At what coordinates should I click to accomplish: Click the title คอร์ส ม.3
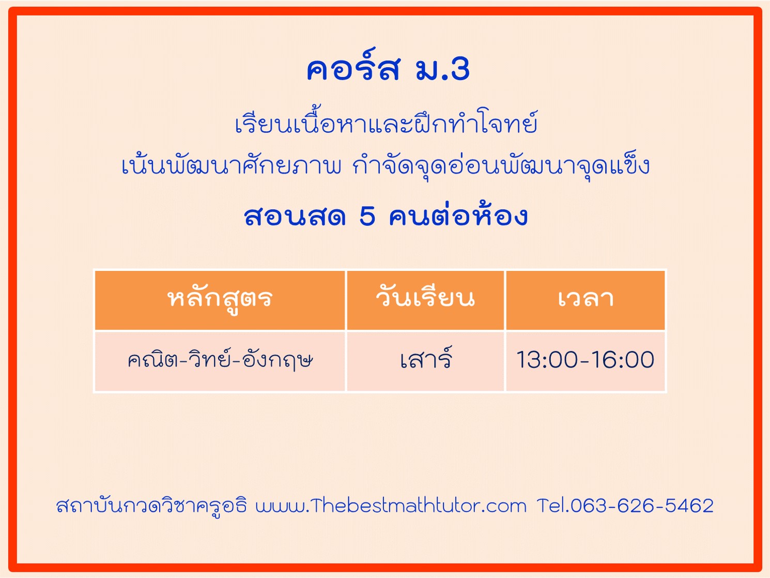388,66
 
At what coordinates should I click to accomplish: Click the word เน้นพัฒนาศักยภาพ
232,164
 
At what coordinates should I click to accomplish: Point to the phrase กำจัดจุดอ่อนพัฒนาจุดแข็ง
501,165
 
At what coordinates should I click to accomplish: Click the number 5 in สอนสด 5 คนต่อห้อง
367,216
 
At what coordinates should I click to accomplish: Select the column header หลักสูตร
220,299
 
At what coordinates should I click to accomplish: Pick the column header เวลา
586,299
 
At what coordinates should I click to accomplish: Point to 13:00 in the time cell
546,360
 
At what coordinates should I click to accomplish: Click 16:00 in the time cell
623,360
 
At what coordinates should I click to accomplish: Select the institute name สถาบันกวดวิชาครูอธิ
151,506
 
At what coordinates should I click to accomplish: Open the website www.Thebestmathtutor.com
391,506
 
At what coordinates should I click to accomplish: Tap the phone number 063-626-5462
642,506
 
